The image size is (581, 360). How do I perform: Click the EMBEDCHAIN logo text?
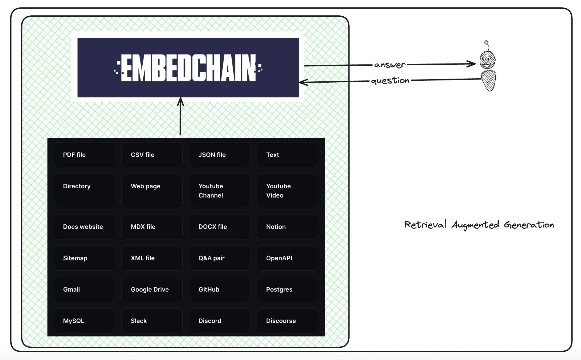(188, 68)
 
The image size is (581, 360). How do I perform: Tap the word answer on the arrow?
(390, 65)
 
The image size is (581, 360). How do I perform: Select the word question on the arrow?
(390, 81)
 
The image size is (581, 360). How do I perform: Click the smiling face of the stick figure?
(487, 59)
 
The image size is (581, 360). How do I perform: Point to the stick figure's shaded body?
(489, 80)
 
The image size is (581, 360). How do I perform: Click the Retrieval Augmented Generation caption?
(479, 225)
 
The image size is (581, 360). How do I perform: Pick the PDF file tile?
(84, 155)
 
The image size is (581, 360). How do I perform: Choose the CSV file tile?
(152, 155)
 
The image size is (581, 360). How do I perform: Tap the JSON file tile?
(220, 155)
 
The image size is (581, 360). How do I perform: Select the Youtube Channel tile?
(220, 191)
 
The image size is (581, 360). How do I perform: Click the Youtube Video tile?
(287, 191)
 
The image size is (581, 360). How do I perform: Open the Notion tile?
(287, 227)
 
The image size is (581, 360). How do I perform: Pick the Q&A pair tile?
(220, 258)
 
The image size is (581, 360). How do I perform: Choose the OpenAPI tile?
(287, 258)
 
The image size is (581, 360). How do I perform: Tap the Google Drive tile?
(152, 289)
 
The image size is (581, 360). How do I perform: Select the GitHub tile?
(220, 289)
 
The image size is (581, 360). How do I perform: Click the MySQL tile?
(84, 321)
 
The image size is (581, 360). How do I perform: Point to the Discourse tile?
(287, 321)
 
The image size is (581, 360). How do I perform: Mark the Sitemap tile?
(84, 258)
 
